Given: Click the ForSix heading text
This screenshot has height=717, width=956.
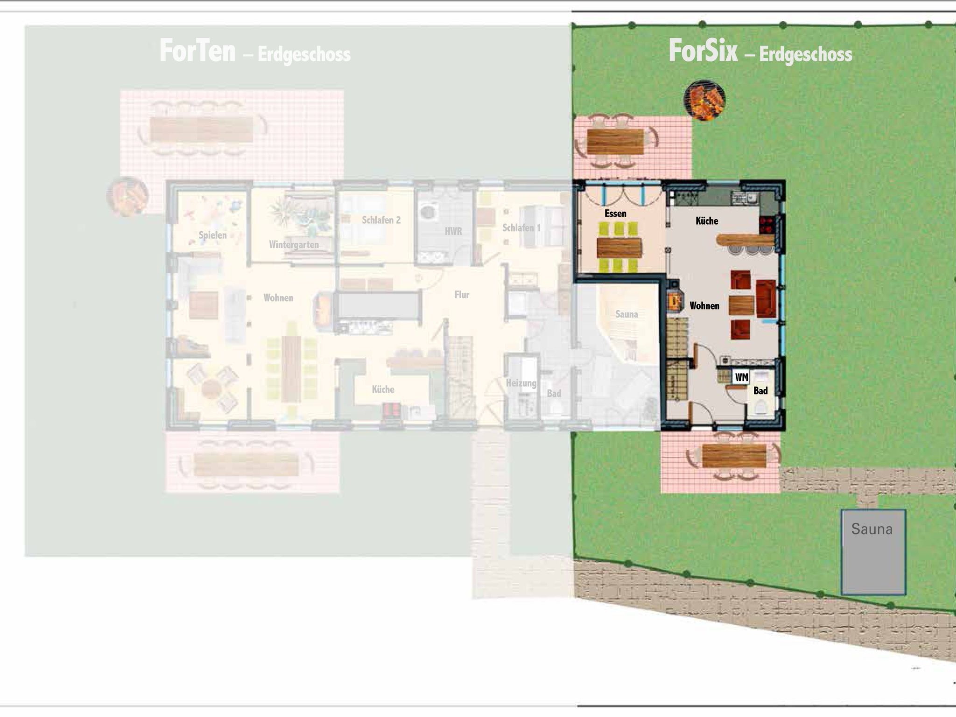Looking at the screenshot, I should (703, 51).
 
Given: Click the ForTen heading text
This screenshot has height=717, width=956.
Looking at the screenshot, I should (197, 51).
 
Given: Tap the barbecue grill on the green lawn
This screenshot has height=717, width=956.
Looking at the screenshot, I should (704, 100).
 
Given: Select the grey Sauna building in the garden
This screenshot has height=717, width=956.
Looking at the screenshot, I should (873, 552).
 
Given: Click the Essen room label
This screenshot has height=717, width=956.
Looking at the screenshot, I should (615, 214).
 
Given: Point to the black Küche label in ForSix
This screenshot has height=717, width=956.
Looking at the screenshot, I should (707, 221).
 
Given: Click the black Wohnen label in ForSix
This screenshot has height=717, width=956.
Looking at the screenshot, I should (704, 306).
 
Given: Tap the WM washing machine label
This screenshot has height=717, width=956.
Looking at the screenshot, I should (741, 377).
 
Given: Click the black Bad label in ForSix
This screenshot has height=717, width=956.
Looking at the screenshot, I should (760, 391).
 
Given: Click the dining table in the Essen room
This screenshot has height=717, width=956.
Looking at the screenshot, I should (619, 247).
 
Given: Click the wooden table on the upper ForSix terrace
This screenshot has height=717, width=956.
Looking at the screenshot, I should (615, 141).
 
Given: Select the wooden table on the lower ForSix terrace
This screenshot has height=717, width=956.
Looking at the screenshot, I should (734, 456).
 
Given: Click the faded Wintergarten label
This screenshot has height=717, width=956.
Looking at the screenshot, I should (294, 244).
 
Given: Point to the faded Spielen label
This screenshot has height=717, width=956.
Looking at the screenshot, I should (212, 235).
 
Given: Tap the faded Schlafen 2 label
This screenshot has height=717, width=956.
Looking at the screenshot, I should (381, 220).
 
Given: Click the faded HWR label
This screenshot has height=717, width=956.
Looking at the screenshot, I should (453, 231).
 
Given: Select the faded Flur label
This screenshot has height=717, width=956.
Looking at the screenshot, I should (462, 295).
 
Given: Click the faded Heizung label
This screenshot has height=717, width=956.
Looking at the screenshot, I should (521, 383).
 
